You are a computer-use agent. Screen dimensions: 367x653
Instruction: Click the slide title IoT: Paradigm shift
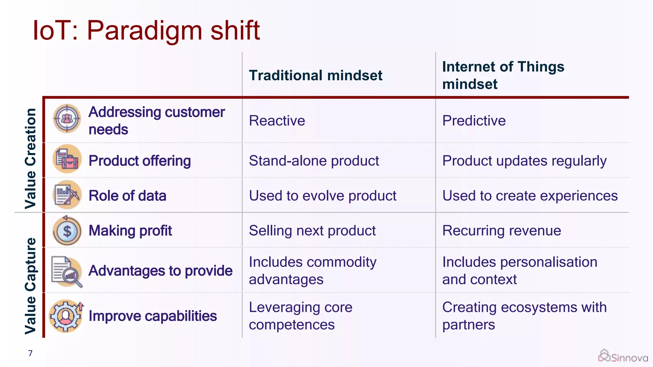coord(146,31)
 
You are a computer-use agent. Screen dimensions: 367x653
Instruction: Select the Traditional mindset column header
coord(315,76)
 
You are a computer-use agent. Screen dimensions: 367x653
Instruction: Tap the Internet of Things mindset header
coord(503,75)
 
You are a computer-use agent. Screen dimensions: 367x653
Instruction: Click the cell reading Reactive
coord(277,121)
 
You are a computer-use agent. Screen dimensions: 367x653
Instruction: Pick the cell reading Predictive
coord(474,121)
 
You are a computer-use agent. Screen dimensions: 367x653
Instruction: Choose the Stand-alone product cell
coord(314,161)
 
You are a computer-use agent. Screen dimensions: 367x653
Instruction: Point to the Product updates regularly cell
coord(524,161)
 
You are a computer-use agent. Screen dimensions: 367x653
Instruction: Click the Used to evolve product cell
coord(322,196)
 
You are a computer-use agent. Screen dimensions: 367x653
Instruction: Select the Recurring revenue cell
coord(502,230)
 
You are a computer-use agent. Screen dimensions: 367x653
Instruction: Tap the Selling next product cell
coord(312,230)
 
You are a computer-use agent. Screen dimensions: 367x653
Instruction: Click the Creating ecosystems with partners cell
coord(524,316)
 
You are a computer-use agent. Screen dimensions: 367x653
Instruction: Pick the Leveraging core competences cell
coord(300,316)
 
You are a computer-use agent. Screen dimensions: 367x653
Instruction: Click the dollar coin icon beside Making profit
coord(67,231)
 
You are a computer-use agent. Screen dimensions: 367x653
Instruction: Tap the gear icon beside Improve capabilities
coord(66,316)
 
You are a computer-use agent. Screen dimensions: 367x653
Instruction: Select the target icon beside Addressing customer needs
coord(67,119)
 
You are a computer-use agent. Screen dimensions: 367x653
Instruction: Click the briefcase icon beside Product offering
coord(67,159)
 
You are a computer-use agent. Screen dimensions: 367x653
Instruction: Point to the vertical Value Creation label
coord(31,158)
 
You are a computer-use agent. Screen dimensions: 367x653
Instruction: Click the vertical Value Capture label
coord(31,286)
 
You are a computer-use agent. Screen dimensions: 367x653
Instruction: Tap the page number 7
coord(30,353)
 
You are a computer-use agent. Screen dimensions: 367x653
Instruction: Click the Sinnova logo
coord(623,356)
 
